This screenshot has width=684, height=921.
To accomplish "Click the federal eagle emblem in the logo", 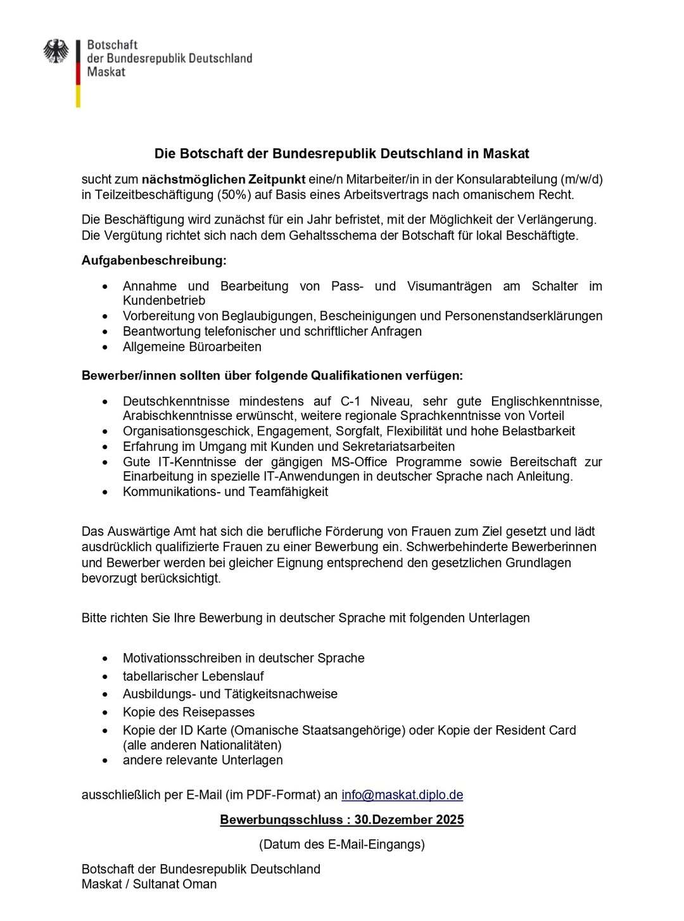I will click(x=56, y=51).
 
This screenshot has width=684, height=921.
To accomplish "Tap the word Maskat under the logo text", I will click(x=106, y=72).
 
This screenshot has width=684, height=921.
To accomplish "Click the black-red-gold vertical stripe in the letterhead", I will click(x=78, y=73).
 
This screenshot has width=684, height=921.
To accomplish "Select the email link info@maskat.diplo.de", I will click(x=402, y=795).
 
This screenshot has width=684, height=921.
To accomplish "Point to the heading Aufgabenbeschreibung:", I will click(x=154, y=260).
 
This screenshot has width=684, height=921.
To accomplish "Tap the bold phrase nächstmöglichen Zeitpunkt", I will click(x=224, y=179).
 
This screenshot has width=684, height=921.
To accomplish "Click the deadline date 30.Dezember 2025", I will click(x=409, y=820).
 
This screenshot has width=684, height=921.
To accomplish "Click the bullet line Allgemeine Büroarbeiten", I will click(x=192, y=346).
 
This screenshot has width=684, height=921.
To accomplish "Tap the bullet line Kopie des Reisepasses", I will click(x=189, y=712).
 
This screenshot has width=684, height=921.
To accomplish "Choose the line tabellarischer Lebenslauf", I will click(x=193, y=676).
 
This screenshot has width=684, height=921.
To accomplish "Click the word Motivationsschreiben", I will click(x=182, y=658).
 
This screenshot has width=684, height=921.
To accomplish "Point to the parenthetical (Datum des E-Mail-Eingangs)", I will click(x=342, y=844).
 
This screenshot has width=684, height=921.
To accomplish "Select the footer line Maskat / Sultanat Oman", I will click(x=149, y=884).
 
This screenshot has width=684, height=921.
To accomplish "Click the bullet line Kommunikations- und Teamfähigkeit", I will click(x=225, y=492).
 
